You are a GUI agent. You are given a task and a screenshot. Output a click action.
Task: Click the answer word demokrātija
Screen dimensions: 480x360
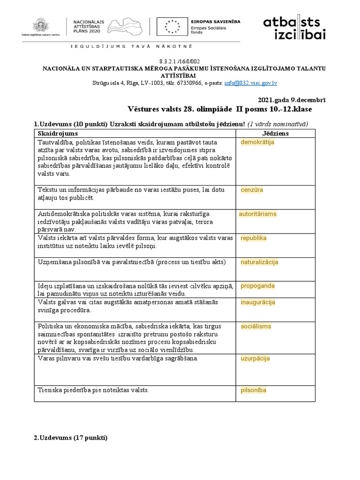(257, 142)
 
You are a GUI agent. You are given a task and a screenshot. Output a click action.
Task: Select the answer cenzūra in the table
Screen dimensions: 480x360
(252, 190)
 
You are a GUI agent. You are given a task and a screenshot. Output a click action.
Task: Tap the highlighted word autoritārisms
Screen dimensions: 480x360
(258, 214)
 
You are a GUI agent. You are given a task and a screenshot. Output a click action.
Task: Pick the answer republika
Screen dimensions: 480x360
(254, 238)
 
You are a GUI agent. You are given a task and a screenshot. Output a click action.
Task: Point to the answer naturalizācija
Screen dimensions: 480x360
(260, 262)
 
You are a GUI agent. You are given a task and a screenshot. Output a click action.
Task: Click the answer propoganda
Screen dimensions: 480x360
(258, 285)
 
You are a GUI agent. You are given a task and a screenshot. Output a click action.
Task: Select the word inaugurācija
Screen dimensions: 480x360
(258, 302)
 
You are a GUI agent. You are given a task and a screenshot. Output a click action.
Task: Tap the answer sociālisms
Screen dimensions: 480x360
(256, 326)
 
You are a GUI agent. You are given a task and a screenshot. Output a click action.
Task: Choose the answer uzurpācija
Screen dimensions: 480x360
(255, 359)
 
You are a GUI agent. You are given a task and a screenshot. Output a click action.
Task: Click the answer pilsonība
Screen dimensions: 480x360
(254, 390)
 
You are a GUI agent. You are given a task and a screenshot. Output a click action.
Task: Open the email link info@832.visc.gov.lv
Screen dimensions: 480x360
(251, 83)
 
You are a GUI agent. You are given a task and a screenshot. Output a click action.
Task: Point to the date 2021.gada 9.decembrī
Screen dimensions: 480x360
(292, 100)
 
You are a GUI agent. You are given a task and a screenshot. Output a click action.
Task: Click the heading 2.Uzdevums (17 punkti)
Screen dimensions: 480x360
(70, 438)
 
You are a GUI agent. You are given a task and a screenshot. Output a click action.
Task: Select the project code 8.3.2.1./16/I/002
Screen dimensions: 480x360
(180, 61)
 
